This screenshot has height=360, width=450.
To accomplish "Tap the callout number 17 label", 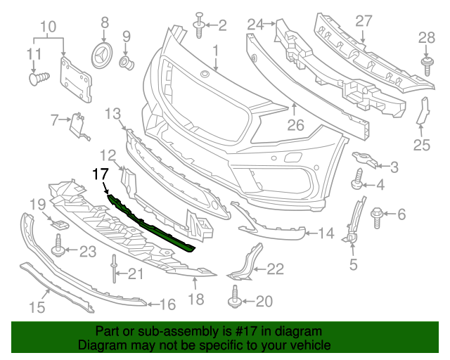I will coord(100,174).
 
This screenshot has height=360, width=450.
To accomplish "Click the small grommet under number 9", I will coord(127,64).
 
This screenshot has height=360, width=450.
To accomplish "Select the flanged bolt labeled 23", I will coord(59,247).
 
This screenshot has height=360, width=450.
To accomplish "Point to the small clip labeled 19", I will coord(60,224).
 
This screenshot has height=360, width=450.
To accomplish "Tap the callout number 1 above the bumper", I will coord(216,51).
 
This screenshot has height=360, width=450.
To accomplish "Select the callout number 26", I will coord(295,127).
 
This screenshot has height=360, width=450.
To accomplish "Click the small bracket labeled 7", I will coord(78,124).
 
